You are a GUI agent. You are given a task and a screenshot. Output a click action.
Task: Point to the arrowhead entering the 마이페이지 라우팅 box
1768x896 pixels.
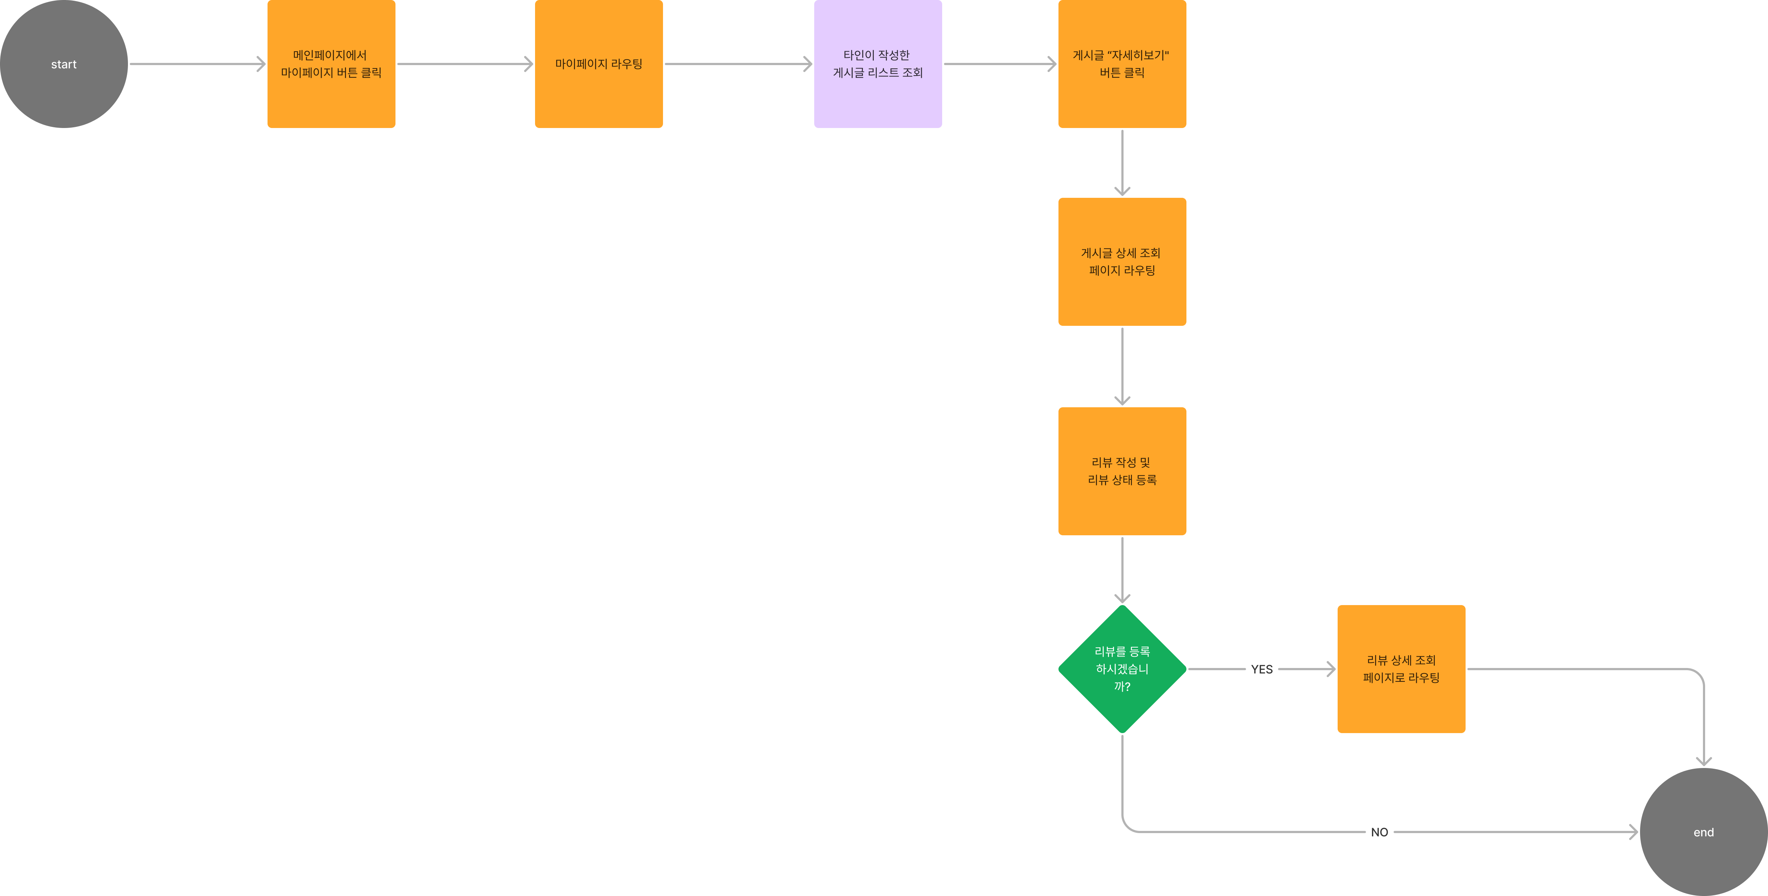[x=529, y=64]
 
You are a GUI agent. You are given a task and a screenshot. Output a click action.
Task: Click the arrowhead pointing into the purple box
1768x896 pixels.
[x=808, y=64]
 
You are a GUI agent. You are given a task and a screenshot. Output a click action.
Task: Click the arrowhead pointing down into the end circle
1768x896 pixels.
[x=1704, y=761]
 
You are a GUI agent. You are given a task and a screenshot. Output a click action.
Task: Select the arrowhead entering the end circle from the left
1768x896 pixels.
[x=1634, y=832]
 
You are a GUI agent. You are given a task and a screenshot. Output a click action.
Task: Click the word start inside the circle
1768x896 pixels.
[x=64, y=64]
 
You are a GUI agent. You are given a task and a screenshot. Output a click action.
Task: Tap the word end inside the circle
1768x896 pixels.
[x=1704, y=832]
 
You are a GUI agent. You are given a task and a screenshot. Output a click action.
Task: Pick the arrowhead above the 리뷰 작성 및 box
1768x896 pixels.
[x=1122, y=400]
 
